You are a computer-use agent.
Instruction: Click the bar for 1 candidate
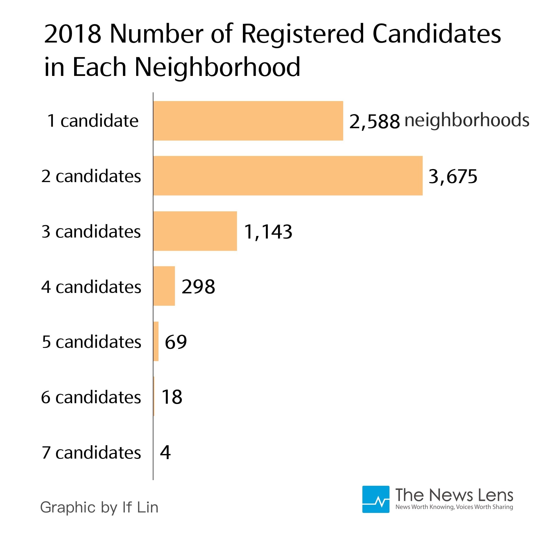coord(248,121)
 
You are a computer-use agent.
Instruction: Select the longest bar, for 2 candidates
coord(288,176)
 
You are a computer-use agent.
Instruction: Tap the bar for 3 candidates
coord(195,231)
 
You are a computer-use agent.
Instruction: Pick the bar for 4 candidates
coord(164,286)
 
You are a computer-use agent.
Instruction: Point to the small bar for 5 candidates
coord(156,341)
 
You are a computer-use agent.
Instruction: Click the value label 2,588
coord(374,121)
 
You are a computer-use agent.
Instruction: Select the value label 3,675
coord(453,176)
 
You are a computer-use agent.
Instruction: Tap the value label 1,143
coord(268,232)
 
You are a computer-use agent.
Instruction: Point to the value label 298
coord(198,286)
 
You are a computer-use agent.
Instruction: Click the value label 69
coord(176,342)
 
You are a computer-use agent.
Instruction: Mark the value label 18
coord(172,397)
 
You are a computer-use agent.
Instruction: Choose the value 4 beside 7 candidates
coord(165,452)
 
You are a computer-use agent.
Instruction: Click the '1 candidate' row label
coord(93,121)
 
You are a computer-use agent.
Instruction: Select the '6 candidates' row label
coord(91,397)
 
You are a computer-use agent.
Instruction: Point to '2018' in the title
coord(73,34)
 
